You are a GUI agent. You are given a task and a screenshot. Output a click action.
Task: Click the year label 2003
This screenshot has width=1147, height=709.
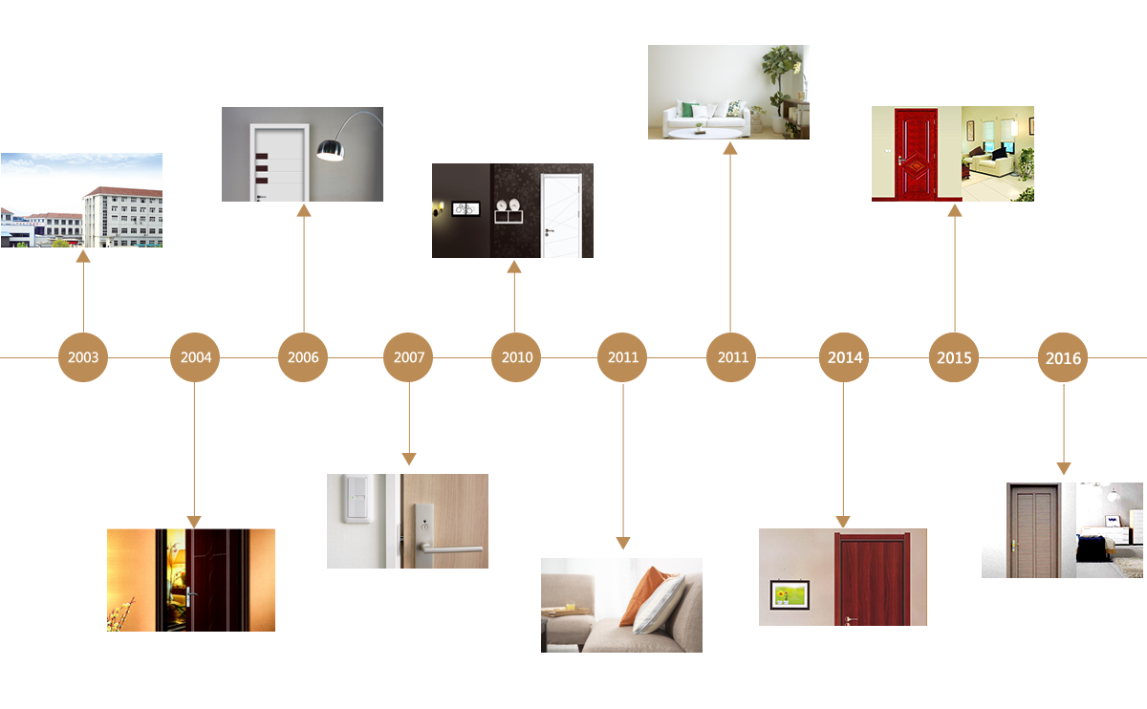(x=83, y=357)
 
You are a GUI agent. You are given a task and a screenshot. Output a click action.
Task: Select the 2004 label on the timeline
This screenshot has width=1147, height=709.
(x=196, y=357)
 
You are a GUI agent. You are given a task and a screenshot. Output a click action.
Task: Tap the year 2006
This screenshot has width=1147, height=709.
(x=303, y=357)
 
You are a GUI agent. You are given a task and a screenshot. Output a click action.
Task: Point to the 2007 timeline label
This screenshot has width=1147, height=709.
(x=409, y=357)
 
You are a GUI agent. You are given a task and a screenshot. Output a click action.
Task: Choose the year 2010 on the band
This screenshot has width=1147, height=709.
(x=517, y=357)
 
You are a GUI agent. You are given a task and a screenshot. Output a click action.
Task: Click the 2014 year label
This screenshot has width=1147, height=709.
(x=845, y=357)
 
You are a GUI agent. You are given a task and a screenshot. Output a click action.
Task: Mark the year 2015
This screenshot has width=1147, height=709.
(x=954, y=358)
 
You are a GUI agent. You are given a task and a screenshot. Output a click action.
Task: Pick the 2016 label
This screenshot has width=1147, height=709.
(x=1063, y=359)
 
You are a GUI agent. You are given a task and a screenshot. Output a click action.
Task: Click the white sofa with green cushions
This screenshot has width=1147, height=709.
(x=707, y=117)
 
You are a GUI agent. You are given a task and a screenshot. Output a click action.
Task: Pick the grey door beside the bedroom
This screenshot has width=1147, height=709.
(x=1032, y=532)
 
